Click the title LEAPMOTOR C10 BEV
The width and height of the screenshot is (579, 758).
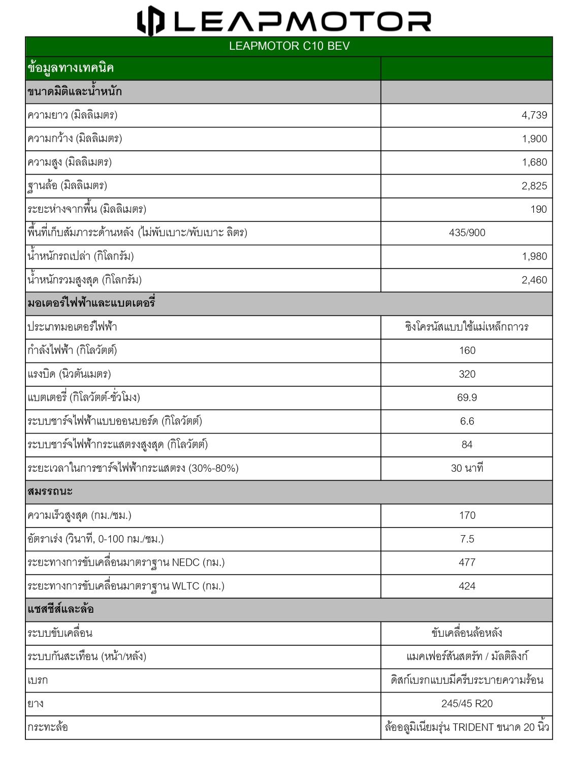pyautogui.click(x=289, y=46)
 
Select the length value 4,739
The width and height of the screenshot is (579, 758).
pyautogui.click(x=534, y=115)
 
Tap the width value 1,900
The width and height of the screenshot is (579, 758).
pyautogui.click(x=534, y=139)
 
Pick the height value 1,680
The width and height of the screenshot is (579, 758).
pyautogui.click(x=534, y=162)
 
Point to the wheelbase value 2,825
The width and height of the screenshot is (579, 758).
pyautogui.click(x=534, y=186)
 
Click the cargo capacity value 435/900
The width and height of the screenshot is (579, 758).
pyautogui.click(x=467, y=233)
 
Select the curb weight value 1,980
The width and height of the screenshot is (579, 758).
pyautogui.click(x=534, y=256)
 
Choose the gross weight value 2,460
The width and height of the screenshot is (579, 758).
pyautogui.click(x=534, y=280)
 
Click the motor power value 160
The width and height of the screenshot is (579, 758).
pyautogui.click(x=467, y=350)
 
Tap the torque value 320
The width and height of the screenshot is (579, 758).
pyautogui.click(x=467, y=374)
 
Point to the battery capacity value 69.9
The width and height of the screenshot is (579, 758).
pyautogui.click(x=467, y=398)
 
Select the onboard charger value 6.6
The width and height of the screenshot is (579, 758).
pyautogui.click(x=467, y=421)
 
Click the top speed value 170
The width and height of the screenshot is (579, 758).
pyautogui.click(x=467, y=515)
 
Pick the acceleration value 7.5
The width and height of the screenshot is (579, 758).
pyautogui.click(x=467, y=539)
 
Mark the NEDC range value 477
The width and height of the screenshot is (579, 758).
pyautogui.click(x=467, y=562)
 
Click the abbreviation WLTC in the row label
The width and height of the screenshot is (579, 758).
pyautogui.click(x=185, y=586)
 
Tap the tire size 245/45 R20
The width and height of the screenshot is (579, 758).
pyautogui.click(x=467, y=704)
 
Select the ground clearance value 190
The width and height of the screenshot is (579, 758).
pyautogui.click(x=538, y=209)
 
